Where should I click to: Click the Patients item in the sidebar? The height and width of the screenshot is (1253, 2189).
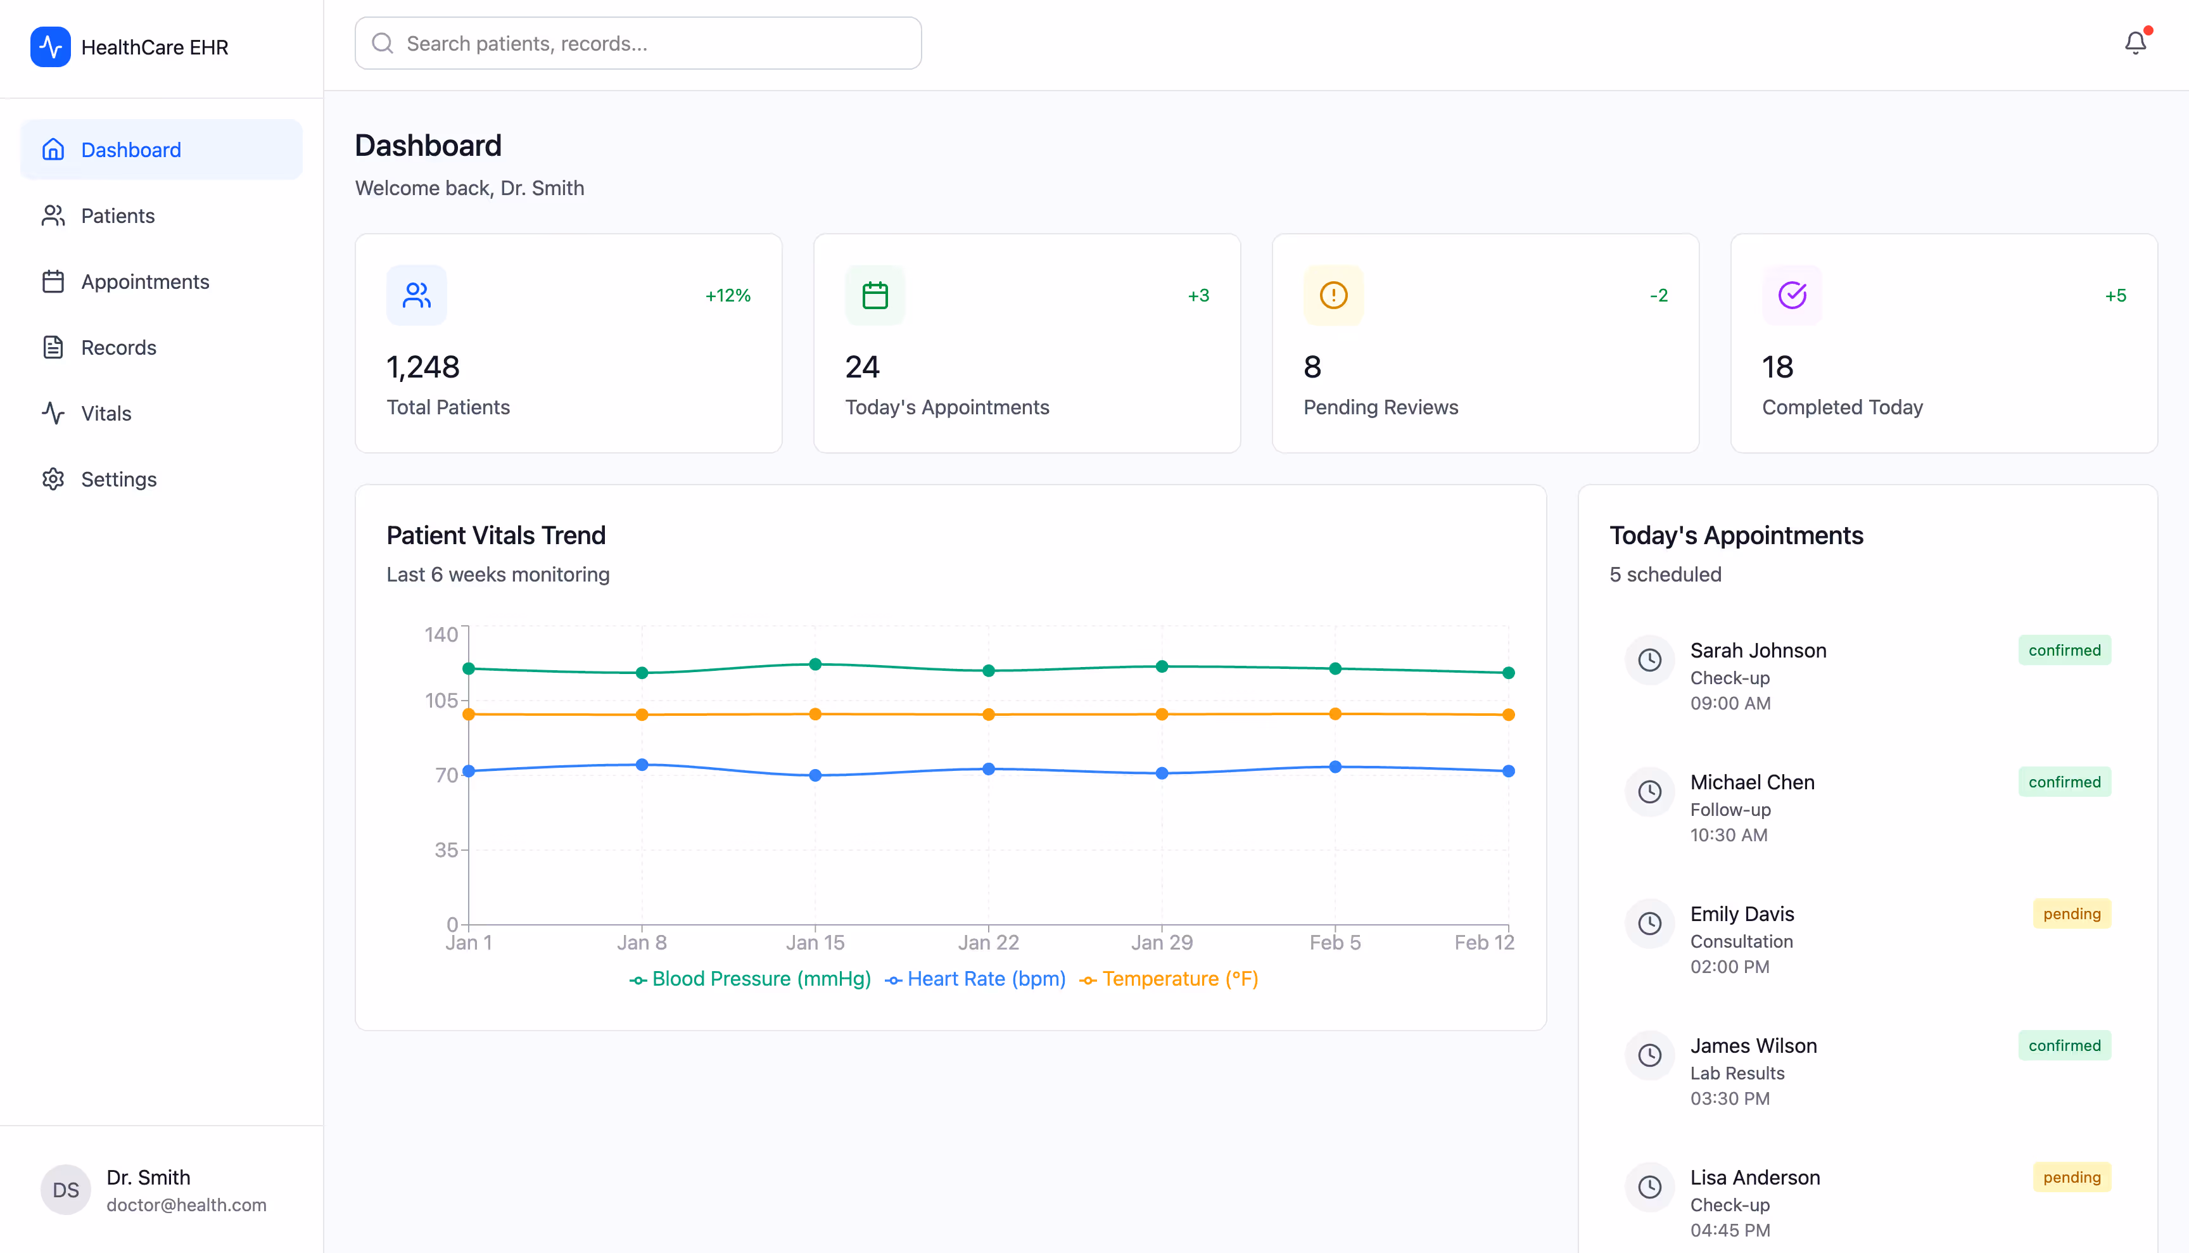tap(117, 216)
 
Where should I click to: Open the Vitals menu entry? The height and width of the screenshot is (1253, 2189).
tap(106, 413)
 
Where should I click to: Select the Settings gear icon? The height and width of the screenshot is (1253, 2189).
tap(53, 480)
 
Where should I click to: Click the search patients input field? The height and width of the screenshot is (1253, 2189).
tap(638, 43)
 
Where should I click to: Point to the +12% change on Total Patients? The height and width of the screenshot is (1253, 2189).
tap(727, 295)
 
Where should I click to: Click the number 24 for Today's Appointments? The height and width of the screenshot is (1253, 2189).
tap(861, 367)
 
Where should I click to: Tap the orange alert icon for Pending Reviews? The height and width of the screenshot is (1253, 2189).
tap(1333, 295)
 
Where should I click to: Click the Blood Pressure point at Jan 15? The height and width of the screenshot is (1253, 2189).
tap(815, 665)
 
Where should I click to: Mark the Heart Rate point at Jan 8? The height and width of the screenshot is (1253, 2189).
tap(642, 764)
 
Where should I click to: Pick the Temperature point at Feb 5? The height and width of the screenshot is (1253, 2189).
tap(1335, 713)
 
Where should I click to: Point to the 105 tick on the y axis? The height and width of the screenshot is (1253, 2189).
tap(441, 701)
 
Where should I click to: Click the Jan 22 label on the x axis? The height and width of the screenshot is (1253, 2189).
tap(988, 943)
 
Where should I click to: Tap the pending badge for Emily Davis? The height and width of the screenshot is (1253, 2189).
tap(2071, 914)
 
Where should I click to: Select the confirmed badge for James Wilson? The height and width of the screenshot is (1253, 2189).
tap(2064, 1046)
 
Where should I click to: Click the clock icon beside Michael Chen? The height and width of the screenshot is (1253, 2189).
tap(1649, 792)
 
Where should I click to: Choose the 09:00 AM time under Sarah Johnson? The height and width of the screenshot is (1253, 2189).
tap(1730, 703)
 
